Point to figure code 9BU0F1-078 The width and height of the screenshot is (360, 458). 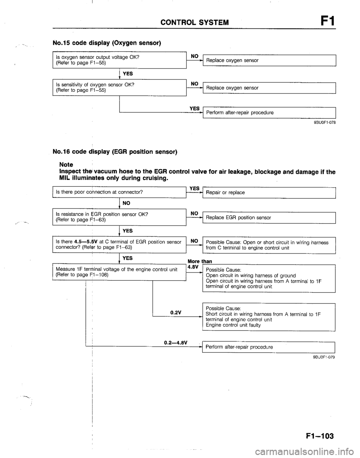[x=323, y=122]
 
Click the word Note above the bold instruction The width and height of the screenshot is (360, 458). [x=67, y=165]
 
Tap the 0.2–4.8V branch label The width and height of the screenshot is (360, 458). [x=176, y=342]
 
